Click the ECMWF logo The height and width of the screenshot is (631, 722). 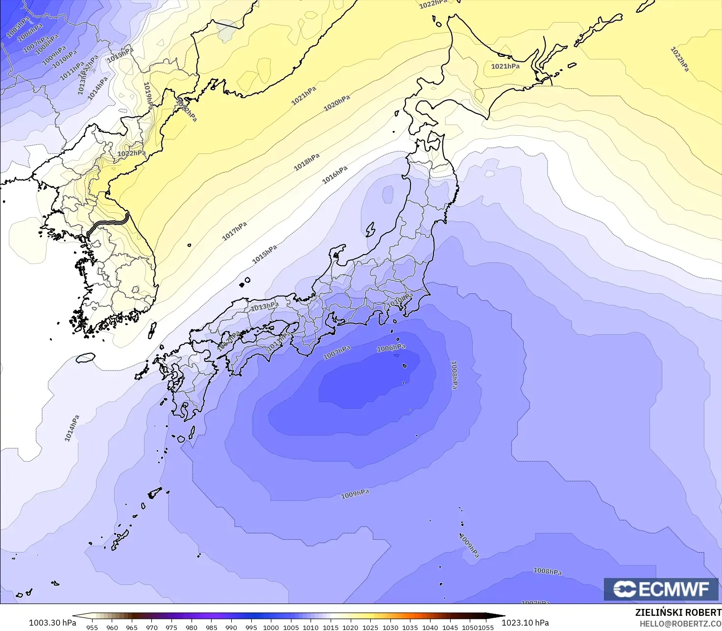(x=661, y=589)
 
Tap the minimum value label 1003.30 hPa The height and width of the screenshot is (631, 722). (x=52, y=623)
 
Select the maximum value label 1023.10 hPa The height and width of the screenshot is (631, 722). (x=525, y=623)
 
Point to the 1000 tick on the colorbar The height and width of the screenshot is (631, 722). (x=271, y=627)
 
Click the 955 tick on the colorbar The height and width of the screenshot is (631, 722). (x=92, y=627)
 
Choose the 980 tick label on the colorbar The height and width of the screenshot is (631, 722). (x=192, y=627)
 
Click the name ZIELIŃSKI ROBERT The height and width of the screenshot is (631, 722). (x=678, y=612)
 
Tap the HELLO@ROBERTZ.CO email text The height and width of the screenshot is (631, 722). (x=680, y=624)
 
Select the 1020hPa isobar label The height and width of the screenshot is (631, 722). (x=337, y=103)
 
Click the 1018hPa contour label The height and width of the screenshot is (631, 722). (x=307, y=162)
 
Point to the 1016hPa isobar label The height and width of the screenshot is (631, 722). (x=335, y=175)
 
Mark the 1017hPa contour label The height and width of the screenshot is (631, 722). (x=235, y=231)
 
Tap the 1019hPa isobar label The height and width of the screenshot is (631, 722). (x=147, y=96)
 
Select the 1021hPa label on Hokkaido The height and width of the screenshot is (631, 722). (x=505, y=66)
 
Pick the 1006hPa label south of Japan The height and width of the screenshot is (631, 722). (x=391, y=348)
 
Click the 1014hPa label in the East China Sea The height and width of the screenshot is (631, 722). (x=72, y=428)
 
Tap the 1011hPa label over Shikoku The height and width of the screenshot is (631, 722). (x=278, y=341)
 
